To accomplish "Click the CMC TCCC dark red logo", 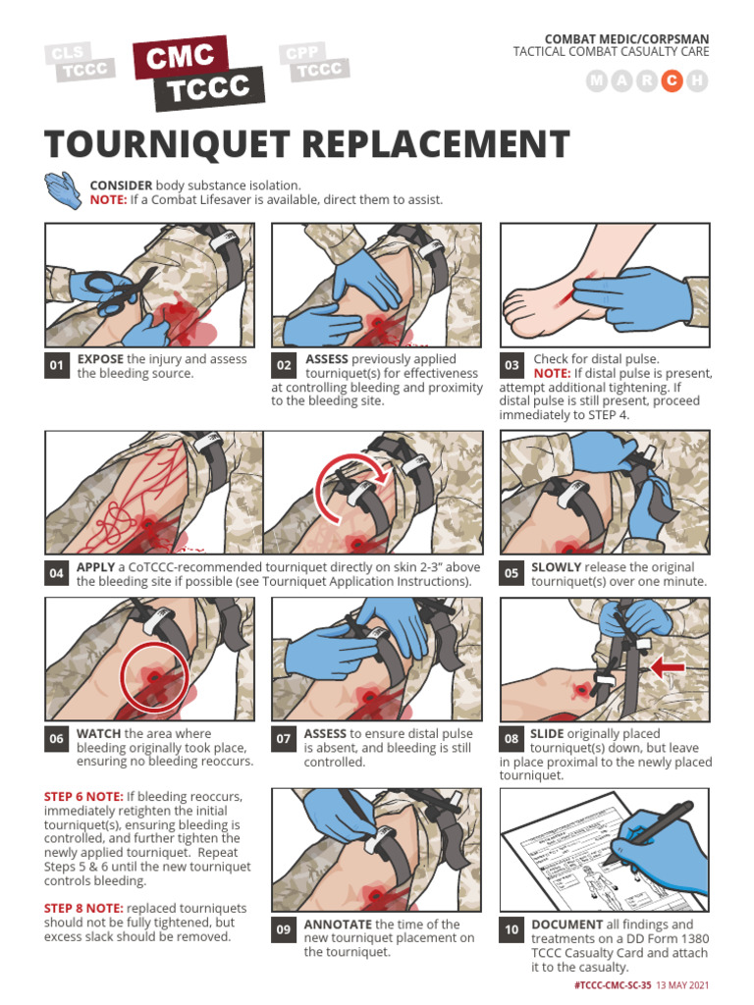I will [201, 76].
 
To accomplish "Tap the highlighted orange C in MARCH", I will [672, 81].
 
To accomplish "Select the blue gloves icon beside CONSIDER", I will [63, 190].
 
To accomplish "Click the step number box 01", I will [57, 366].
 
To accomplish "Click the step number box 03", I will [512, 366].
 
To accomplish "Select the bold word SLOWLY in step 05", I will [556, 567].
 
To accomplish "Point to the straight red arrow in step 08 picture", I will [668, 667].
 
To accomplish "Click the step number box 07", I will [284, 739].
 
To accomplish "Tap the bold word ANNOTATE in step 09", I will [338, 925].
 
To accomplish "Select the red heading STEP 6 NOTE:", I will [83, 796].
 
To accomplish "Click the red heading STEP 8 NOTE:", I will [83, 908].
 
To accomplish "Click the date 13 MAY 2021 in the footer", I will [683, 984].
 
